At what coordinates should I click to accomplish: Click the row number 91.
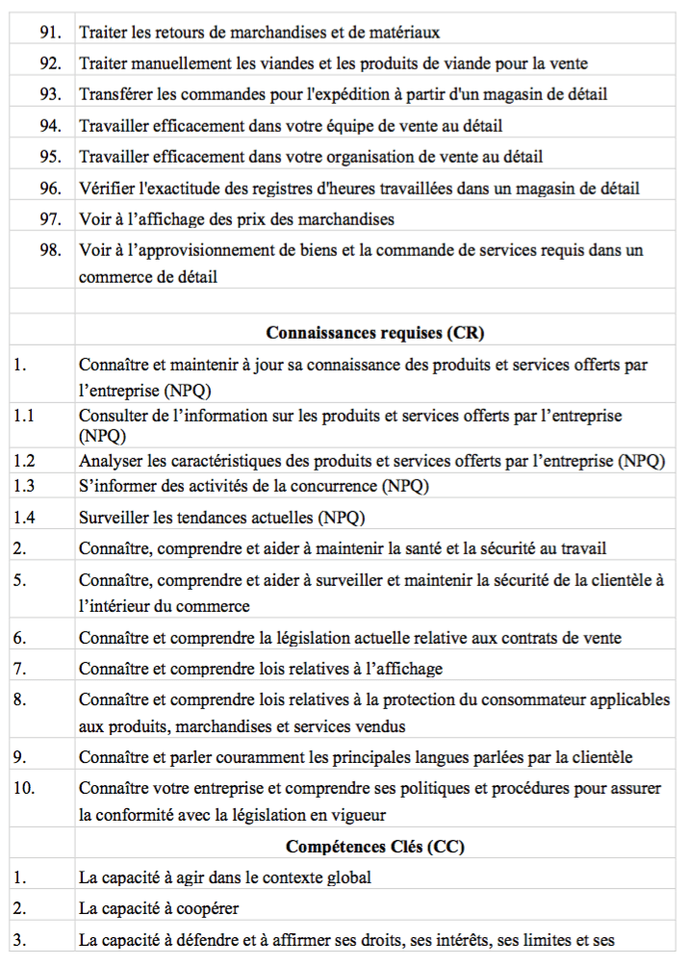coord(50,33)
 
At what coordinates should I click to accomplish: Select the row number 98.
coord(50,250)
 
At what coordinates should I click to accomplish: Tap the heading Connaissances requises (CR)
coord(374,333)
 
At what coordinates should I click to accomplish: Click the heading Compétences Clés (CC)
coord(374,847)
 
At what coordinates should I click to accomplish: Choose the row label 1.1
coord(24,416)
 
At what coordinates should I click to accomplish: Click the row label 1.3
coord(24,486)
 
